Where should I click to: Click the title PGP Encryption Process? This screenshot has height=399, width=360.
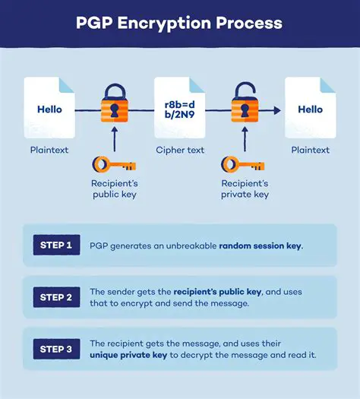coord(179,23)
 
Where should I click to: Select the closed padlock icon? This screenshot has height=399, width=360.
coord(115,109)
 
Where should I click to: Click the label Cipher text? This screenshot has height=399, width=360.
coord(179,150)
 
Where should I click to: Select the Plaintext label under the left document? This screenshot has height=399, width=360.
coord(49,150)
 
